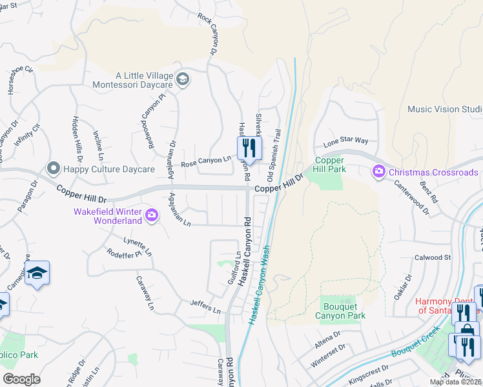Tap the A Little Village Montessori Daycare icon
click(x=183, y=79)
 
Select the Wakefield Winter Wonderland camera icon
click(x=152, y=215)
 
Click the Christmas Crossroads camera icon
click(x=377, y=172)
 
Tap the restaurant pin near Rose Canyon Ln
click(x=247, y=149)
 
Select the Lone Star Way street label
click(x=345, y=141)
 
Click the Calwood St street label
click(x=433, y=257)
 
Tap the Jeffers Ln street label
click(x=205, y=306)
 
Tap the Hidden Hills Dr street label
click(x=77, y=138)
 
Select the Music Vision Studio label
click(x=445, y=109)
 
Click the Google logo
click(x=21, y=379)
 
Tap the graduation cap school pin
click(x=37, y=274)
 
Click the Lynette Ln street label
click(x=138, y=245)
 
